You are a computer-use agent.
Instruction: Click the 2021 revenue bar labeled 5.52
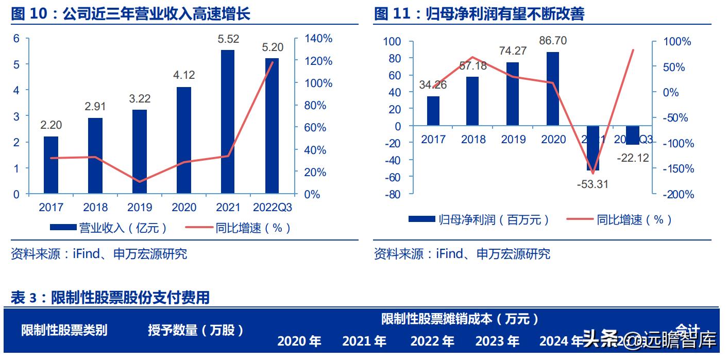tap(227, 122)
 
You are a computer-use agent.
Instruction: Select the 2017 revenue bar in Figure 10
tap(50, 165)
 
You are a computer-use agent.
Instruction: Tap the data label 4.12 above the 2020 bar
tap(184, 75)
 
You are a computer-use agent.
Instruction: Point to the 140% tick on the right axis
tap(319, 39)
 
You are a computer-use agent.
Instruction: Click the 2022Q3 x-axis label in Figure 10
tap(272, 207)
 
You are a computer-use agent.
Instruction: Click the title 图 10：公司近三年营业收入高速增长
tap(131, 14)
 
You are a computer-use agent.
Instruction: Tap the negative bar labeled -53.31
tap(593, 148)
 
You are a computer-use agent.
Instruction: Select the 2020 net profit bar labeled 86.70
tap(553, 89)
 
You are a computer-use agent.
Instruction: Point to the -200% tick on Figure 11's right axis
tap(676, 195)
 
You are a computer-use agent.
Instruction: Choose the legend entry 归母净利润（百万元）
tap(479, 220)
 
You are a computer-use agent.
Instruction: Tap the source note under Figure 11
tap(462, 253)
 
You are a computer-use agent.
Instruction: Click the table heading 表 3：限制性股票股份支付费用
tap(110, 297)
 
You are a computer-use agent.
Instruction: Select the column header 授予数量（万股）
tap(196, 330)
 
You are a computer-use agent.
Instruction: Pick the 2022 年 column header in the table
tap(432, 341)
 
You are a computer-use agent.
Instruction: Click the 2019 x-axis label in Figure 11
tap(513, 139)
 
